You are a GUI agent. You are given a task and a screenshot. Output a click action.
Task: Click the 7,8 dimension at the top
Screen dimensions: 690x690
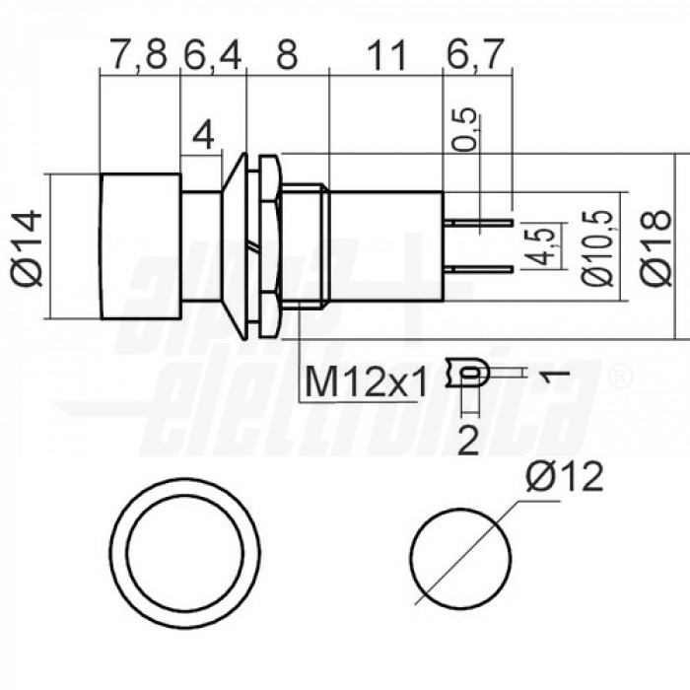[x=139, y=57]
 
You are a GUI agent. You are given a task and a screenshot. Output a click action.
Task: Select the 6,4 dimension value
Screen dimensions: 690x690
[x=212, y=57]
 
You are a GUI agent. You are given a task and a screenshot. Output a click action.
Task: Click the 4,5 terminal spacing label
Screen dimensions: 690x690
[x=538, y=247]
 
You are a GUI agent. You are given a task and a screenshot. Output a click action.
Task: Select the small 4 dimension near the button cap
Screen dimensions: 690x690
[x=203, y=136]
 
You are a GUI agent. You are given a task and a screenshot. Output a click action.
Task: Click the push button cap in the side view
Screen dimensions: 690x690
[x=139, y=246]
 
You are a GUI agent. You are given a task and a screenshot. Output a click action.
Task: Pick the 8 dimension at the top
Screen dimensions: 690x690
[x=287, y=57]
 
